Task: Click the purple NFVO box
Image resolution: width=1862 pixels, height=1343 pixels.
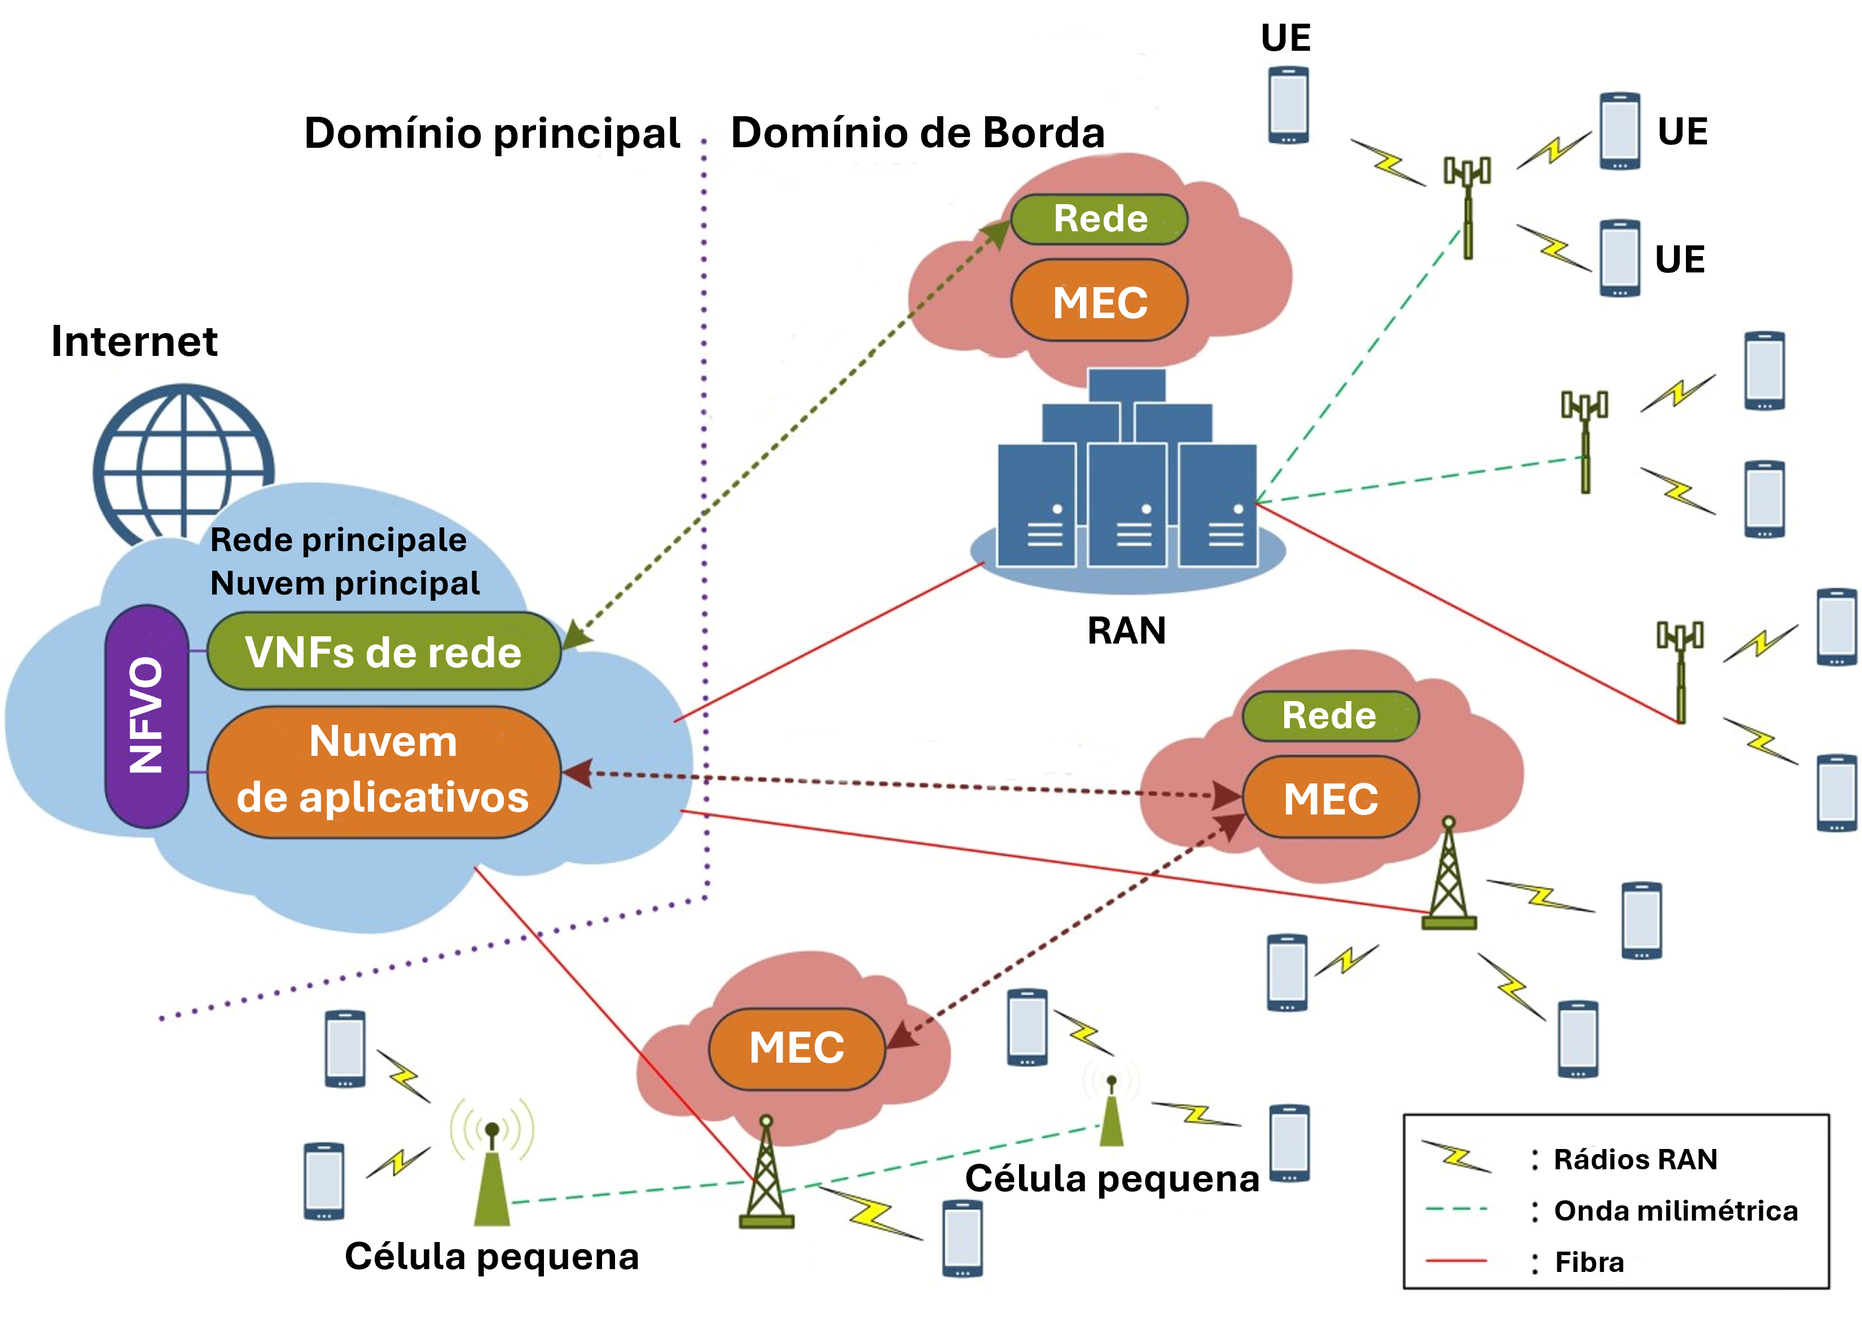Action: [146, 716]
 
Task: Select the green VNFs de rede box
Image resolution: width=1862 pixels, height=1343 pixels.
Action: [383, 652]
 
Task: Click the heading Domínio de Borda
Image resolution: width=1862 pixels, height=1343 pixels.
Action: [917, 133]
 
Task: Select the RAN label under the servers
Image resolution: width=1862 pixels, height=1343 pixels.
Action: [1126, 631]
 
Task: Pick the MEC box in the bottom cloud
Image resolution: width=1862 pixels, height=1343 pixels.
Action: [796, 1047]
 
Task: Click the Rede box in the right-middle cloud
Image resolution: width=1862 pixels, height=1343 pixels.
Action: [1329, 715]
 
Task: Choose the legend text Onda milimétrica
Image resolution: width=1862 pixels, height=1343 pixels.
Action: [1675, 1210]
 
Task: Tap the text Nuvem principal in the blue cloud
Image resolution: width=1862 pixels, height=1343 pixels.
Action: [345, 583]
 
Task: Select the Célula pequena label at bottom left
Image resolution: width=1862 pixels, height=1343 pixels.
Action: [491, 1256]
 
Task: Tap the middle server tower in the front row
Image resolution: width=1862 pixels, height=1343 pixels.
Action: [1126, 505]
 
